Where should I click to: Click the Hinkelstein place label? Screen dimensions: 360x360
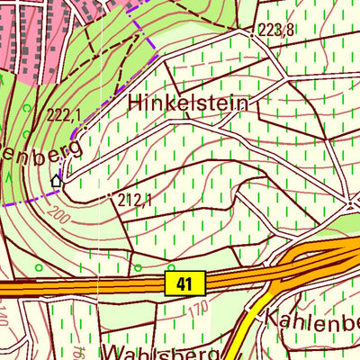[x=187, y=103]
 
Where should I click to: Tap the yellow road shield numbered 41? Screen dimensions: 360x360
[x=185, y=284]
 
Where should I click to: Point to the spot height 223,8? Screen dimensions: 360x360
[x=275, y=31]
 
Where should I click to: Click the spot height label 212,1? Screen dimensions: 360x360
[x=136, y=199]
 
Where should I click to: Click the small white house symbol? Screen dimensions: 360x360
[x=57, y=182]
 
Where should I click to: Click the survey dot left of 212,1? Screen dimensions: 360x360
[x=112, y=196]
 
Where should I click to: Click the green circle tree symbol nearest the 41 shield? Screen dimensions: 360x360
[x=171, y=267]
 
